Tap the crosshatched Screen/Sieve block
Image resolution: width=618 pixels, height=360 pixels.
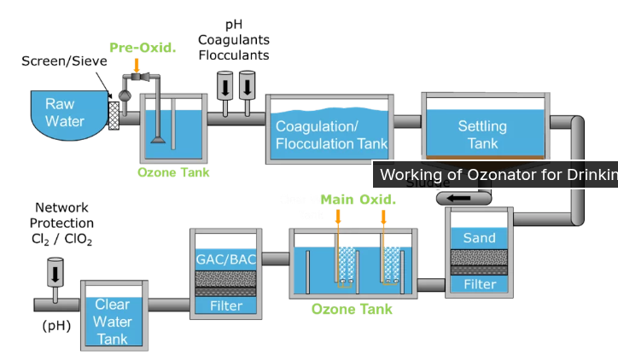[114, 113]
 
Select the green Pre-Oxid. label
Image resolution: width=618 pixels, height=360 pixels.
[143, 47]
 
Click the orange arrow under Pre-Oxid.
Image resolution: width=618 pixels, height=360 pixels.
[137, 66]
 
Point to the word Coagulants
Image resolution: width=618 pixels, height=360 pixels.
[233, 39]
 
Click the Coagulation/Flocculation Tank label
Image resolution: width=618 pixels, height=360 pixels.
[331, 135]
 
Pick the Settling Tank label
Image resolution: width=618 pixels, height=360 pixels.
[482, 135]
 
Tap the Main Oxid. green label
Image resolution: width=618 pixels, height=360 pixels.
[359, 200]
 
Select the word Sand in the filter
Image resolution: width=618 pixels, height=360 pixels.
[479, 238]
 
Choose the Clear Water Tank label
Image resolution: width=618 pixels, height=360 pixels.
[113, 322]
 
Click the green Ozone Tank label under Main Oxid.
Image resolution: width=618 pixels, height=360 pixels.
[352, 309]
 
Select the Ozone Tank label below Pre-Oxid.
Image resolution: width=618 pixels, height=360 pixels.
[173, 172]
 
